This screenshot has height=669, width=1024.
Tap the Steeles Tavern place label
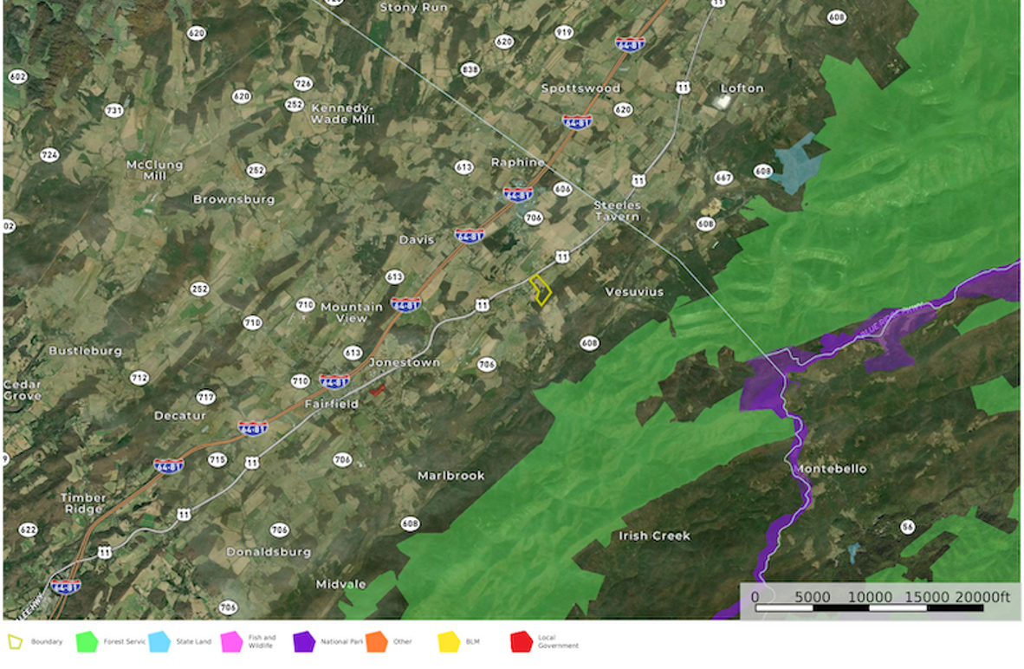coord(616,210)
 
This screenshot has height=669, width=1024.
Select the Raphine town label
coord(517,162)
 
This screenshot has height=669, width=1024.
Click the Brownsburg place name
coord(233,199)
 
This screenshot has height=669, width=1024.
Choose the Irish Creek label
coord(654,536)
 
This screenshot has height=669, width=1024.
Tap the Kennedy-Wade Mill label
coord(342,113)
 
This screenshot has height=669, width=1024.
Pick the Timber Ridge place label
coord(83,503)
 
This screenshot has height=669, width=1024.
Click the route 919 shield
coord(564,32)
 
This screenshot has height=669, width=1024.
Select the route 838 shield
coord(470,69)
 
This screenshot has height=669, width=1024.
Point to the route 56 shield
coord(907,527)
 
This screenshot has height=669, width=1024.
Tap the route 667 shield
coord(723,178)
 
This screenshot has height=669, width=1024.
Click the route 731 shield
coord(113,110)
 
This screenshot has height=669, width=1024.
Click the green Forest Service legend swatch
coord(87,642)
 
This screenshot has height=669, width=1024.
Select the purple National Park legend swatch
coord(304,642)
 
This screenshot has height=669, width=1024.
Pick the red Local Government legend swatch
coord(521,642)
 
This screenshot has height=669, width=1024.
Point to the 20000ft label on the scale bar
coord(982,597)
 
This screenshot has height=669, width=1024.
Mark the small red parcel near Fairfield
coord(377,390)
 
